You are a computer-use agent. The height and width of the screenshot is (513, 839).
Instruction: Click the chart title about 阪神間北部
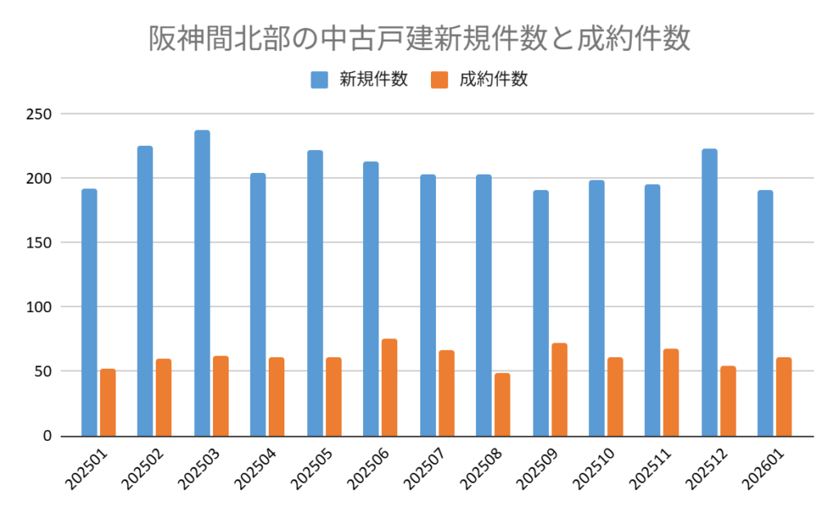point(419,38)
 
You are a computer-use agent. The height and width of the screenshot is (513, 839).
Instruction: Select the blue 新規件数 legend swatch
point(319,79)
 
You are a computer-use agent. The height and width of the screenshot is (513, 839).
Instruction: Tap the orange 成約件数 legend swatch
point(439,79)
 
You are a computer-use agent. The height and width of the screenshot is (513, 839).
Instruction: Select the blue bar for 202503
point(202,283)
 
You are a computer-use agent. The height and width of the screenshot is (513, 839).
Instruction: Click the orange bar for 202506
point(389,387)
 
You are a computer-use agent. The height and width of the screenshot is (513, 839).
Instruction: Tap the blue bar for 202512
point(710,292)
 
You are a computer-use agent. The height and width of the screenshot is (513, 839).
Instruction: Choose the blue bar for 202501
point(89,312)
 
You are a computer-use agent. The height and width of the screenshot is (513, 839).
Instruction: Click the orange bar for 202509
point(559,389)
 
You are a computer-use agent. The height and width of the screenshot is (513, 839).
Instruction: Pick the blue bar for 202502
point(145,290)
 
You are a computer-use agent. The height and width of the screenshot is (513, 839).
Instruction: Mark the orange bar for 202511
point(671,392)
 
